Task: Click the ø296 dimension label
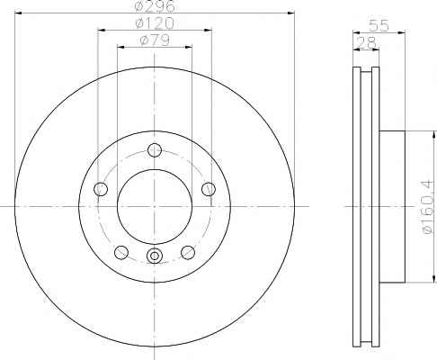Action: tap(154, 6)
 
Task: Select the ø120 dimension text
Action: tap(154, 22)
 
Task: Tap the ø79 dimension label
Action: tap(155, 40)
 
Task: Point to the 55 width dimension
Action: tap(379, 25)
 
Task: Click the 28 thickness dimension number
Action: tap(366, 42)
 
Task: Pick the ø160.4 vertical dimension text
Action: tap(427, 206)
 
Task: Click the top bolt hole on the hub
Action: tap(155, 150)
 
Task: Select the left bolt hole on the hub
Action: tap(101, 189)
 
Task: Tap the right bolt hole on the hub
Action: tap(209, 189)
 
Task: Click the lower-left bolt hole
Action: tap(121, 252)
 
